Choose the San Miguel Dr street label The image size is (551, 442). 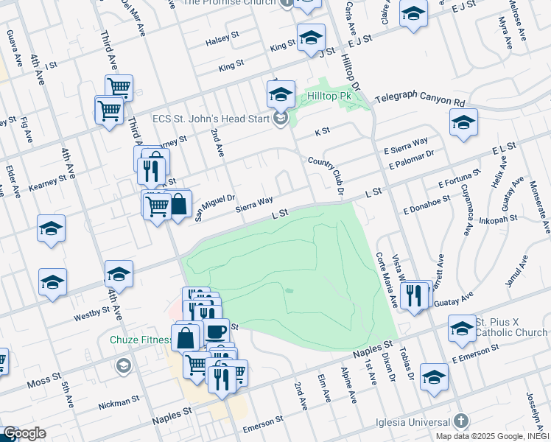pyautogui.click(x=214, y=206)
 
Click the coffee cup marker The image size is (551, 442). pyautogui.click(x=217, y=333)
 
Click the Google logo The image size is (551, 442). pyautogui.click(x=24, y=434)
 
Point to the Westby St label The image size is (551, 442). pyautogui.click(x=91, y=314)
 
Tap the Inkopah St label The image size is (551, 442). pyautogui.click(x=498, y=219)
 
